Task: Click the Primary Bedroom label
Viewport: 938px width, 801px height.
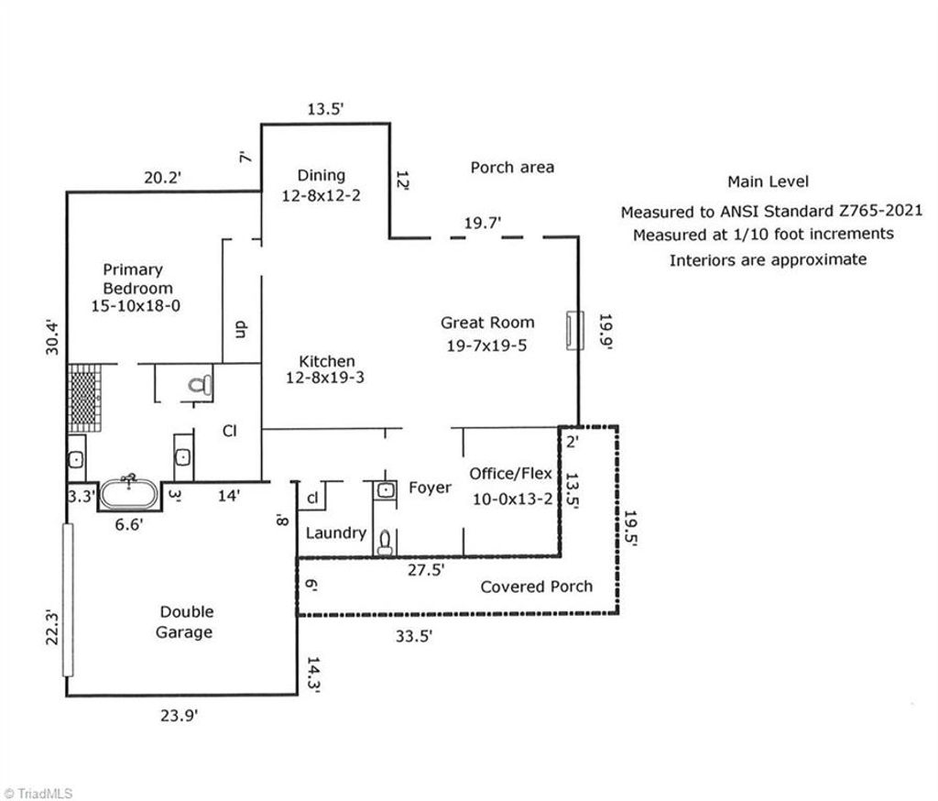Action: pyautogui.click(x=133, y=287)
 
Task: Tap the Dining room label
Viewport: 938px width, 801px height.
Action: pyautogui.click(x=321, y=175)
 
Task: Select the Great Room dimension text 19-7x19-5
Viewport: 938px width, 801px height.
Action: pyautogui.click(x=487, y=346)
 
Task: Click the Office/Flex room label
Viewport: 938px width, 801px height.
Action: pyautogui.click(x=511, y=474)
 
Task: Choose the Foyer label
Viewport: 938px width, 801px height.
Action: pyautogui.click(x=430, y=488)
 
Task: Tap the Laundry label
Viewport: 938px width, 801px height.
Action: pyautogui.click(x=335, y=532)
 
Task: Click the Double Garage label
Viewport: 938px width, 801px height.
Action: pyautogui.click(x=186, y=621)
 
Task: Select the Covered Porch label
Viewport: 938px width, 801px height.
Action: pyautogui.click(x=536, y=587)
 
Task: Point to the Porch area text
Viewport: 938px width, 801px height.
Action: pyautogui.click(x=512, y=167)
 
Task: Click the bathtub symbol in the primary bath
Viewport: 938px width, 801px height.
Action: pyautogui.click(x=129, y=494)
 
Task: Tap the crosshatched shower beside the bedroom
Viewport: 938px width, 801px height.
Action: pyautogui.click(x=82, y=400)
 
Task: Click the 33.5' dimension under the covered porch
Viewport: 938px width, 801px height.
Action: pyautogui.click(x=414, y=638)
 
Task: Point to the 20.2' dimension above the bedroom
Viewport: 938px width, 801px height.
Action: pyautogui.click(x=163, y=177)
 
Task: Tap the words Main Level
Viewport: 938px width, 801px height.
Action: pyautogui.click(x=768, y=182)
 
